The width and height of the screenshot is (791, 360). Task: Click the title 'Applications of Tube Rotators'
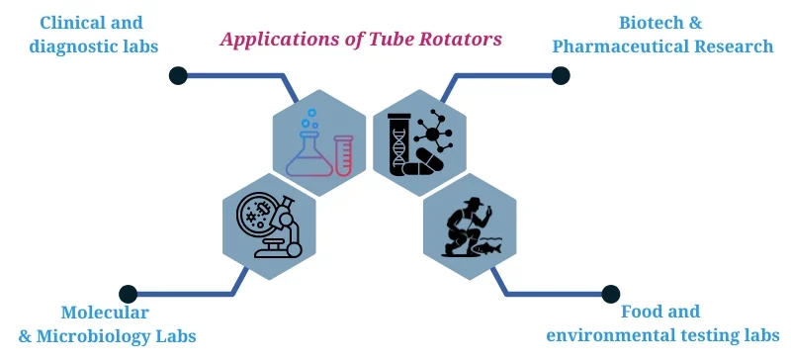[361, 40]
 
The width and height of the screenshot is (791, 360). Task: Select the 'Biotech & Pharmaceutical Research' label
[662, 34]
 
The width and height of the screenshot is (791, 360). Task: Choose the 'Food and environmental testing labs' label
[659, 324]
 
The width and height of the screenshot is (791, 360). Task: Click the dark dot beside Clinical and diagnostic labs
[178, 74]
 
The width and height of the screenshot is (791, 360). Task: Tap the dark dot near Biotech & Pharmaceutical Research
[561, 74]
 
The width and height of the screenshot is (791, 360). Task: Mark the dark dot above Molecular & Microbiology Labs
[128, 294]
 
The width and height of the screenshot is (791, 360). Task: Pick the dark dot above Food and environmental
[610, 294]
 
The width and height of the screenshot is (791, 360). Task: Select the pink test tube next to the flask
[343, 155]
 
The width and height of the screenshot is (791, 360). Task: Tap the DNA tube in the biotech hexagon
[399, 144]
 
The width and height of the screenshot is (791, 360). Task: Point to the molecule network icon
[434, 132]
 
